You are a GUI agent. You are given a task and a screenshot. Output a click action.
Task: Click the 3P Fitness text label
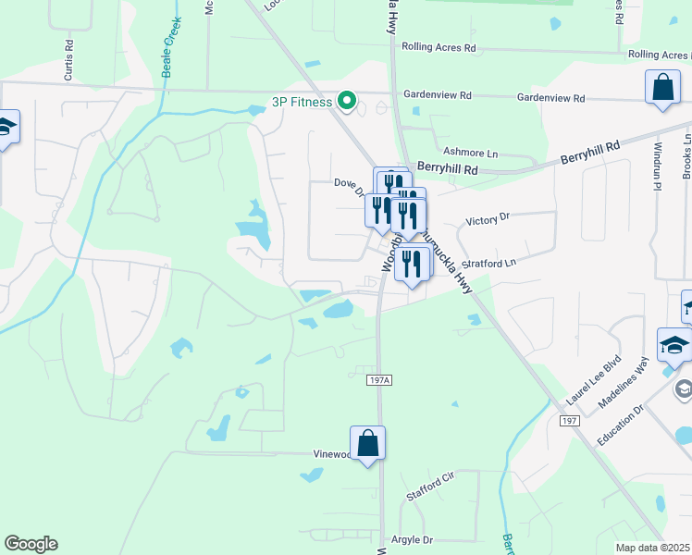(302, 102)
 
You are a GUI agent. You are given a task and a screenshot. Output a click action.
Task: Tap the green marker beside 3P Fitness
(347, 100)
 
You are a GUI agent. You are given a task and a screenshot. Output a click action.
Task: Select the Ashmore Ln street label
(471, 152)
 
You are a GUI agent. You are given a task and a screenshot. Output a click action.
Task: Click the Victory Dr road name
(488, 220)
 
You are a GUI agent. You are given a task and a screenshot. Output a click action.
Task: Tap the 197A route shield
(377, 380)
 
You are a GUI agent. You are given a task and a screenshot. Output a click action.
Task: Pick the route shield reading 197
(569, 420)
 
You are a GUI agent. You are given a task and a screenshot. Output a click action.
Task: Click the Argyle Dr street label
(414, 539)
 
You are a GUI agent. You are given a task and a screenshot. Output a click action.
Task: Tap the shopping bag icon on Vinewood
(367, 443)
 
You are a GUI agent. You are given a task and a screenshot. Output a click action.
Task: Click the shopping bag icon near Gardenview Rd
(663, 88)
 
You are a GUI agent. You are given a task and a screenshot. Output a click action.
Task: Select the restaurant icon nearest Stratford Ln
(412, 265)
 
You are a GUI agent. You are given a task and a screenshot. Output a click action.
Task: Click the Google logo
(31, 544)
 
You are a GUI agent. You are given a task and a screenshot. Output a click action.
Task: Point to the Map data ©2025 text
(651, 549)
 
